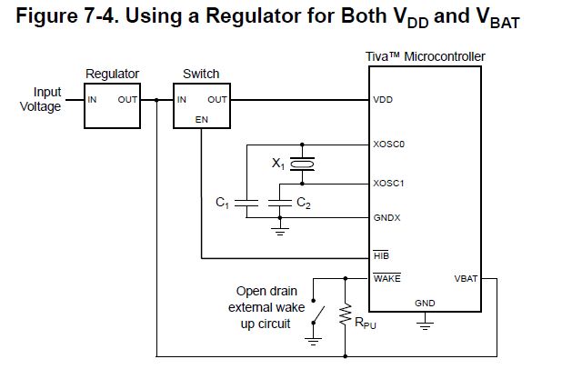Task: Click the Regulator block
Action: point(111,100)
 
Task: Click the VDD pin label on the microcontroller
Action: point(383,100)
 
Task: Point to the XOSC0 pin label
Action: point(388,144)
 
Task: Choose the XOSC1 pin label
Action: point(388,183)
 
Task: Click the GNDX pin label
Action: point(386,219)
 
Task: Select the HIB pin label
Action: point(381,255)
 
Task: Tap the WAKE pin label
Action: point(386,278)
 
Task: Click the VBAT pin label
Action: point(466,278)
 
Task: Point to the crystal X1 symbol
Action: point(308,164)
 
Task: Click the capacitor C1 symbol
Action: point(246,204)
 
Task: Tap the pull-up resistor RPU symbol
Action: point(345,314)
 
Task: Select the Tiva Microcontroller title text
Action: point(425,56)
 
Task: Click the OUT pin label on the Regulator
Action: point(126,100)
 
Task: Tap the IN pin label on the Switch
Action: point(182,100)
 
